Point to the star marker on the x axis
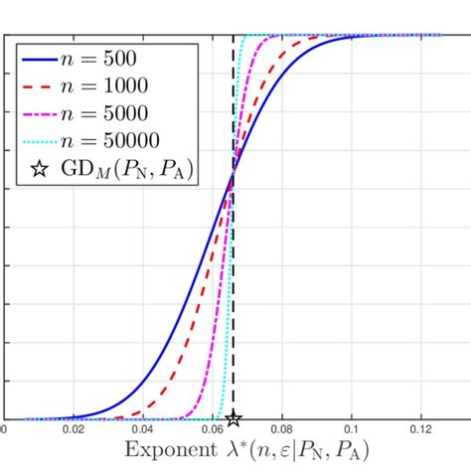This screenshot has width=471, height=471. coord(233,418)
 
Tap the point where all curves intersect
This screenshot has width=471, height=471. coord(233,175)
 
